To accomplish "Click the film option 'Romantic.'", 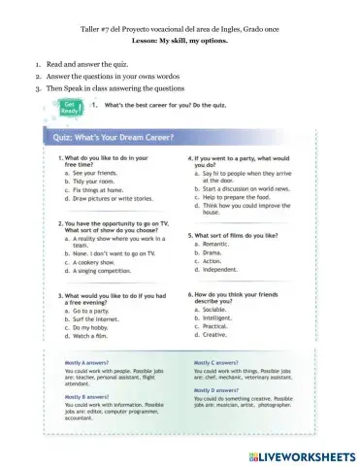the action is click(222, 244).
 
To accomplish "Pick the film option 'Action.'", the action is click(218, 261).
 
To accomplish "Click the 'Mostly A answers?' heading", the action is click(93, 361).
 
